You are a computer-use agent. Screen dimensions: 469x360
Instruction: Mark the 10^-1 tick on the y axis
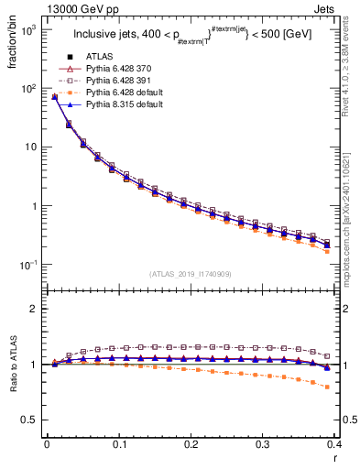(x=29, y=265)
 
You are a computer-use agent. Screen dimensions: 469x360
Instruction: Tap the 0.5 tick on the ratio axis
(x=30, y=420)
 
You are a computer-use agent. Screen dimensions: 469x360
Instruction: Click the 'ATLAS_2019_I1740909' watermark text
(x=190, y=274)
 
